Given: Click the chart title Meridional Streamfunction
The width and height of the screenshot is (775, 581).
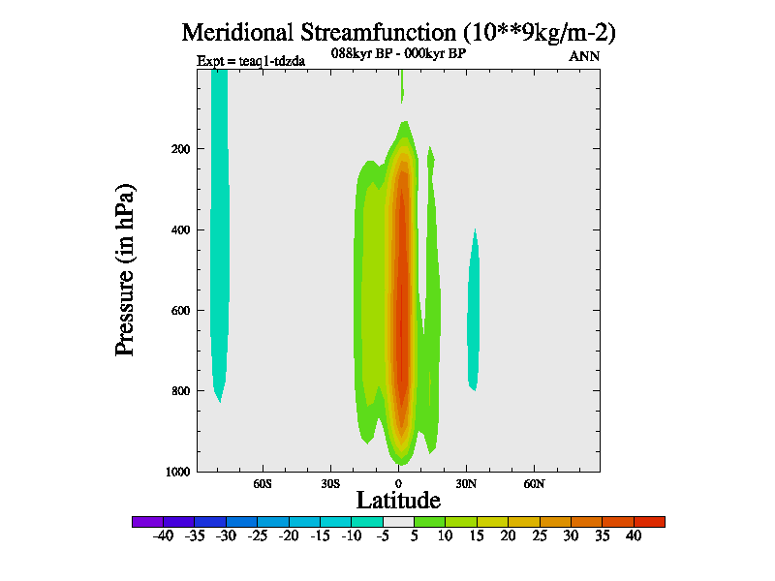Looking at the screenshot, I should (x=399, y=32).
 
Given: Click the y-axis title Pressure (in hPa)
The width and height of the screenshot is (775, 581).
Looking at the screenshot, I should (x=125, y=268).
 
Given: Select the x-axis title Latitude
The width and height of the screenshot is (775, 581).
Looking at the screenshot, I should (x=398, y=500).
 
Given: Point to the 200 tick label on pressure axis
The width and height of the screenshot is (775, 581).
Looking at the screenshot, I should (x=180, y=149).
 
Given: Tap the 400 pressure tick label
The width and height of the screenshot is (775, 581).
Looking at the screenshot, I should (x=180, y=229).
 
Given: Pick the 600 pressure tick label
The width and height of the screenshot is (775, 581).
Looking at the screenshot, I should (x=180, y=311).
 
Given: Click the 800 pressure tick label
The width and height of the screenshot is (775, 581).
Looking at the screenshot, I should (x=180, y=391).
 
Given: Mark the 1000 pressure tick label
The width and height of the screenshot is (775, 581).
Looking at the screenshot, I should (x=177, y=472).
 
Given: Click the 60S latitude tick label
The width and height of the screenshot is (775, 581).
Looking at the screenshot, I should (x=263, y=482).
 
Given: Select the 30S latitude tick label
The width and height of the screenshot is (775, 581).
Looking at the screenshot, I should (x=330, y=482).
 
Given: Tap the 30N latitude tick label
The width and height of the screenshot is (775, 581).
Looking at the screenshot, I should (x=467, y=482).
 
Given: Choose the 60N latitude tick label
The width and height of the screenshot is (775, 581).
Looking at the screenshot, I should (x=535, y=482).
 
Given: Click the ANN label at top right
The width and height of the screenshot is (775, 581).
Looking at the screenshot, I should (x=584, y=56).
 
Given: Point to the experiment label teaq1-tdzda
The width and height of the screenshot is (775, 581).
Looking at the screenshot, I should (x=251, y=61).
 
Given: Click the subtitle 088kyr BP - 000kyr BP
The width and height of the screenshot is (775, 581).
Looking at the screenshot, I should (x=399, y=53).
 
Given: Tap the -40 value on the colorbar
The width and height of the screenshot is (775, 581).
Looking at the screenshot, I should (x=163, y=535).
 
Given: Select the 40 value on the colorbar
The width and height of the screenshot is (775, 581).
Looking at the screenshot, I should (x=634, y=535).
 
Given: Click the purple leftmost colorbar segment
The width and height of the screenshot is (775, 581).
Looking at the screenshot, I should (x=147, y=521).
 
